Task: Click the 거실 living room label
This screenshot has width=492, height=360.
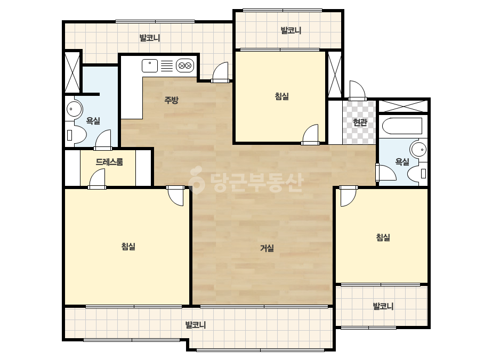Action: click(x=267, y=248)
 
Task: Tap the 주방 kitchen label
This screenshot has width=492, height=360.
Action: click(x=171, y=100)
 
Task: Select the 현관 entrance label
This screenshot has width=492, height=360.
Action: click(x=360, y=122)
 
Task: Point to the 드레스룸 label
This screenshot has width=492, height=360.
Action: click(x=109, y=162)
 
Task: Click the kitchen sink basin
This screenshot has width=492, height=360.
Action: click(x=150, y=66)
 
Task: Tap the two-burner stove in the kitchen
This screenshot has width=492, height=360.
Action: click(x=185, y=66)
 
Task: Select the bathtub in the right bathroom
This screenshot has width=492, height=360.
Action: click(x=402, y=126)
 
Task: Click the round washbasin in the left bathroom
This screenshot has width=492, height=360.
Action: click(x=74, y=109)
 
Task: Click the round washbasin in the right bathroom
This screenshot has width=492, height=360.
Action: click(x=418, y=150)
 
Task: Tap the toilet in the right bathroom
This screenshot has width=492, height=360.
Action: click(x=417, y=173)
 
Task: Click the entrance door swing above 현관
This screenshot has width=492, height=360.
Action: click(x=357, y=90)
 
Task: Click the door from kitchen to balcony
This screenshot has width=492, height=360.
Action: click(x=220, y=72)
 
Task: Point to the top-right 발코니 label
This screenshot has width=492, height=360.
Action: click(x=291, y=30)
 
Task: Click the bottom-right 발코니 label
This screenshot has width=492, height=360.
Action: click(x=383, y=306)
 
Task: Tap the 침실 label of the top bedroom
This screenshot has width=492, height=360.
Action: click(x=282, y=96)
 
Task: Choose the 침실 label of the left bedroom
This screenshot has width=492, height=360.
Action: click(x=128, y=247)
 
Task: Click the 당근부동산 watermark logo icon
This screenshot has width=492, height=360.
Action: click(x=196, y=181)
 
